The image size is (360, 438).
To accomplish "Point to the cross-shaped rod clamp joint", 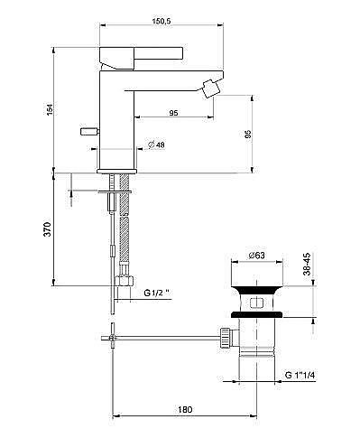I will click(112, 339).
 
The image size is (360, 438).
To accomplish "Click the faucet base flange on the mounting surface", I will click(115, 169).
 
